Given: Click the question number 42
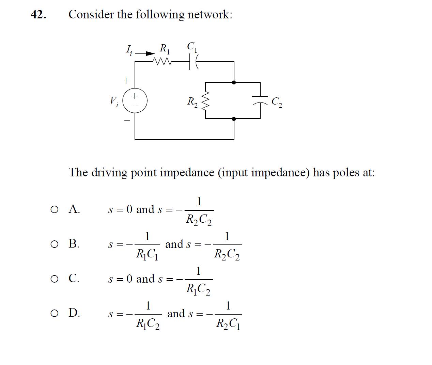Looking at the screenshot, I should coord(38,15).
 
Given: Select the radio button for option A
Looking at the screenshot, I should coord(55,209).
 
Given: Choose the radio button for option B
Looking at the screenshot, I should coord(55,244).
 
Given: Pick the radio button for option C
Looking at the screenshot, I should coord(55,279).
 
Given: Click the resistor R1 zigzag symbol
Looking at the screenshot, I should coord(162,62).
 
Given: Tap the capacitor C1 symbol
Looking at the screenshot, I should coord(192,62).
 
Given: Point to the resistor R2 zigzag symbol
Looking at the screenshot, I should coord(205,101).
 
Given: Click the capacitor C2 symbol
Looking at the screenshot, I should coord(260,99).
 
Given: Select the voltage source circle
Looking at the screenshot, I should coord(135,101).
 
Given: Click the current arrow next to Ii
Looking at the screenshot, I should coord(145,53).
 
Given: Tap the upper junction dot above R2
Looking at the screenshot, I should coord(234,82).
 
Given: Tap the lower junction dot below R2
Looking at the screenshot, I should coord(234,119).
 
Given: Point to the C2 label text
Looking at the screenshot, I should coord(277,102).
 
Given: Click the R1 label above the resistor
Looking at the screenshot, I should coord(165,49).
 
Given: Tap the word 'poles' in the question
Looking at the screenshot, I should coord(346,173).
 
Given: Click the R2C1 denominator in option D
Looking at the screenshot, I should coord(228,323).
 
